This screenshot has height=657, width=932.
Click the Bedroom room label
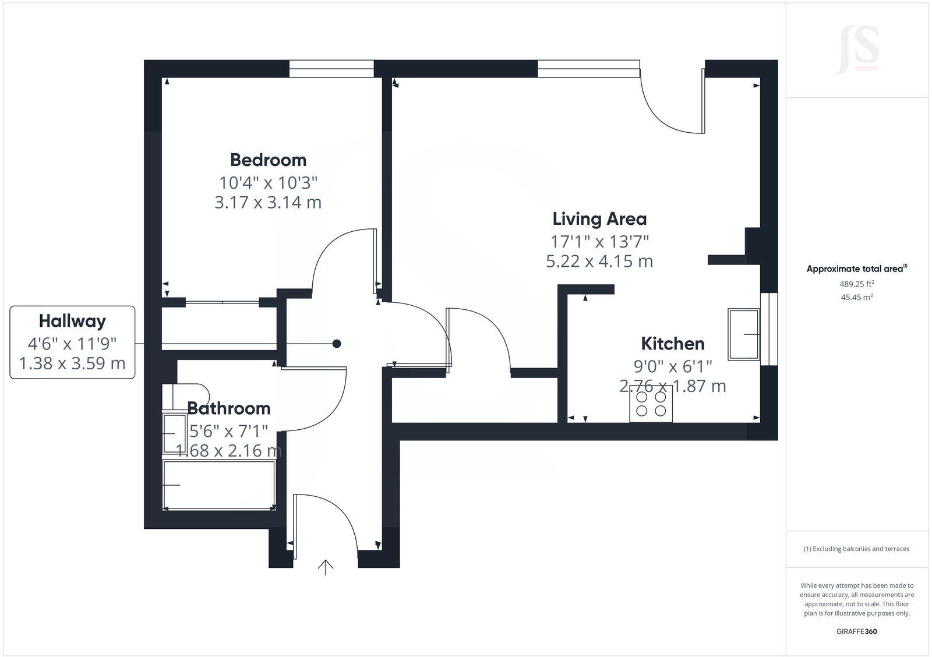(x=268, y=160)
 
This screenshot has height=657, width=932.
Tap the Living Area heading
(x=599, y=219)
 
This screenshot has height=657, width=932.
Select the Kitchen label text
(x=672, y=344)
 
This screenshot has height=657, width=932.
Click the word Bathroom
(x=228, y=408)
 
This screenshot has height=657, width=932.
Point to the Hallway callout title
(x=72, y=321)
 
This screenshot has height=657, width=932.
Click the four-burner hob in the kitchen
(x=651, y=404)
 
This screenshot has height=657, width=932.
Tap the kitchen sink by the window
(x=744, y=334)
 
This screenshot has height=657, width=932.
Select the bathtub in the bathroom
(x=219, y=485)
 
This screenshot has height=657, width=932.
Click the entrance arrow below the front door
(x=325, y=567)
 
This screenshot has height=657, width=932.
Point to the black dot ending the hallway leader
(x=336, y=344)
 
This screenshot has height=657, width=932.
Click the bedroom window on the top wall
(x=331, y=69)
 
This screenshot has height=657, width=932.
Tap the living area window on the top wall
(x=588, y=69)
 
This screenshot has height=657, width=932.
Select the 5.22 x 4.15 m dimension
(x=599, y=261)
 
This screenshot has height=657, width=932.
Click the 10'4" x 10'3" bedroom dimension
(x=268, y=183)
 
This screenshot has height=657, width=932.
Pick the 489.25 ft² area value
(x=856, y=284)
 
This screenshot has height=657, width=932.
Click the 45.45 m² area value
(x=856, y=297)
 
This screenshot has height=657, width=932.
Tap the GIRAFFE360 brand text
(x=856, y=631)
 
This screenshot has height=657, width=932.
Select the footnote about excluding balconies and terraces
(x=856, y=549)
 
